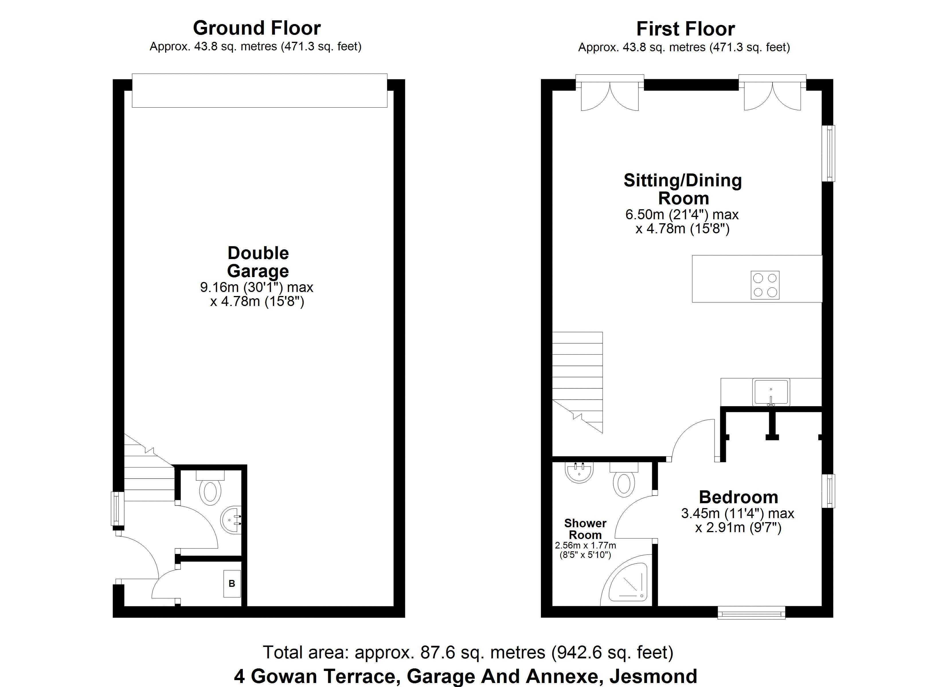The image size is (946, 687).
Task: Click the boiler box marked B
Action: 232,583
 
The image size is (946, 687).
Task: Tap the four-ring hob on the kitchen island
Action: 765,285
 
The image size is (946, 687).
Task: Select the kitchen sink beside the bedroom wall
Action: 771,392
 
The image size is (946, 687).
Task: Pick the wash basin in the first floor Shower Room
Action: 579,472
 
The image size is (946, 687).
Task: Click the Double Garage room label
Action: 258,262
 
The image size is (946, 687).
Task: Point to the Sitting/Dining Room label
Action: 683,189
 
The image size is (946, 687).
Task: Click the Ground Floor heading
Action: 257,28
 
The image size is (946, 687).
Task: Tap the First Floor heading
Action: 685,29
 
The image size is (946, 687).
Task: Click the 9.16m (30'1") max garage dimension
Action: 257,287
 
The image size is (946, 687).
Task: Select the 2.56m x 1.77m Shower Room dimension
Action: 585,545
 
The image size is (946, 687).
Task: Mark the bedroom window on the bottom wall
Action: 751,612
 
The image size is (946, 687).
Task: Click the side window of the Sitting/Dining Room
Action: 828,153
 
